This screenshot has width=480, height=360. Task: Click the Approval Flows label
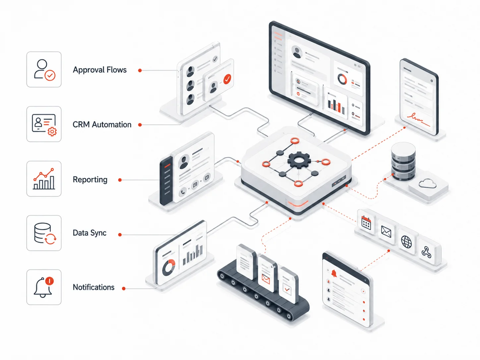[100, 70]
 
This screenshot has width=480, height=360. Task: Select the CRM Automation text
[102, 125]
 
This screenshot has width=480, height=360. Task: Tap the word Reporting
[90, 179]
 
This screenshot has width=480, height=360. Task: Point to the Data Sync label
[90, 233]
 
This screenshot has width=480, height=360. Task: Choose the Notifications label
[93, 287]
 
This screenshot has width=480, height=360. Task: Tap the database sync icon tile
[44, 233]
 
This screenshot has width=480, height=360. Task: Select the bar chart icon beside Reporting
[44, 179]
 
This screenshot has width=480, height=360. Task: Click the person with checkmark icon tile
[44, 70]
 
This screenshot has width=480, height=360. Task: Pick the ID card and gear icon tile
[44, 124]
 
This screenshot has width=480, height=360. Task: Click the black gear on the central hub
[299, 160]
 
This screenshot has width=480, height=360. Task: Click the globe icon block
[406, 242]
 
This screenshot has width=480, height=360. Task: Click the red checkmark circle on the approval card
[227, 79]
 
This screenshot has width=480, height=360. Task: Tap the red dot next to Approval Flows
[140, 70]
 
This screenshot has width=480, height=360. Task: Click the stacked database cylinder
[403, 161]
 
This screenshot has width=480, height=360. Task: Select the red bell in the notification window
[334, 273]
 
